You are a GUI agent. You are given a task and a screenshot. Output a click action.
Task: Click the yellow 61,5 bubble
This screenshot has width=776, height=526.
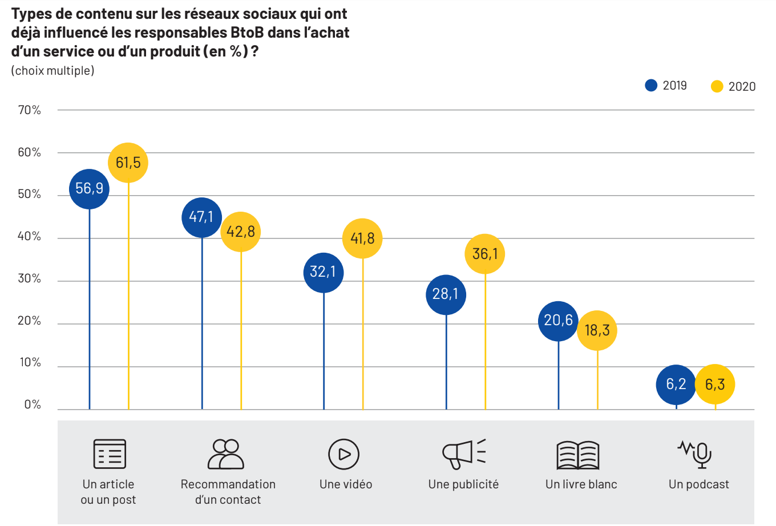(128, 163)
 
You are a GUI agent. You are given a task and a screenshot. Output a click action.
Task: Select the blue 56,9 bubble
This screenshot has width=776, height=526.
(90, 189)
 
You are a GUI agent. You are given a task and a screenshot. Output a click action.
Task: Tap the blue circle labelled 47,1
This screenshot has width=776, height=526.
(202, 217)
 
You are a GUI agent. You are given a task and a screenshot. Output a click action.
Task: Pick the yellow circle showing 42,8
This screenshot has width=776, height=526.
(241, 232)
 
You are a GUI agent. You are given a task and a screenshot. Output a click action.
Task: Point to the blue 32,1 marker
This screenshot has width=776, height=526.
(324, 272)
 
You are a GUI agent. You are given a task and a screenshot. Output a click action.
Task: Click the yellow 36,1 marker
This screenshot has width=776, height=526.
(485, 254)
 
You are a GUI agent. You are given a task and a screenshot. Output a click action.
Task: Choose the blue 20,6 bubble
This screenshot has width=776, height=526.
(559, 321)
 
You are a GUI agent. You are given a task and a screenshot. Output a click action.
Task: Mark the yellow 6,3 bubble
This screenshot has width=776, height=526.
(715, 385)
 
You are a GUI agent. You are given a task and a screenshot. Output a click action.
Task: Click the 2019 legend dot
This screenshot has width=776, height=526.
(651, 86)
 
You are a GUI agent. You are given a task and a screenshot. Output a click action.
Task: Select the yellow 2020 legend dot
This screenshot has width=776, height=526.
(717, 87)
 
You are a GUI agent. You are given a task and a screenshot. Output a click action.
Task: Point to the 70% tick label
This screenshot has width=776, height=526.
(30, 110)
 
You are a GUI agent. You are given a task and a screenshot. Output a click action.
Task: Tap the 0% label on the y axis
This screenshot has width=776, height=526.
(33, 405)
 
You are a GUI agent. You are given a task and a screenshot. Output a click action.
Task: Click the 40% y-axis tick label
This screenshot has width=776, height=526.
(30, 237)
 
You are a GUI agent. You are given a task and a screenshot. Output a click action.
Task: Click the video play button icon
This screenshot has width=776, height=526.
(344, 454)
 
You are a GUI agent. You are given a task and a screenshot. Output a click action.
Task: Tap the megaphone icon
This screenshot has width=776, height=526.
(463, 454)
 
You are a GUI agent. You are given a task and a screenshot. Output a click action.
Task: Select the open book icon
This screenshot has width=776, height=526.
(578, 455)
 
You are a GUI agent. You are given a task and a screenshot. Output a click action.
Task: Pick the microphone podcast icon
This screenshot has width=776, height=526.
(696, 454)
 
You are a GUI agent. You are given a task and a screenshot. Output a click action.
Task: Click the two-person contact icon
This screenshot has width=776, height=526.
(226, 454)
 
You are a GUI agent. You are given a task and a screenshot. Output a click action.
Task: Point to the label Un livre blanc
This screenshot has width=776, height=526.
(581, 484)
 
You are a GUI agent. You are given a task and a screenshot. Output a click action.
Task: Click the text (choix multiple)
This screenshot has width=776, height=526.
(52, 71)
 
